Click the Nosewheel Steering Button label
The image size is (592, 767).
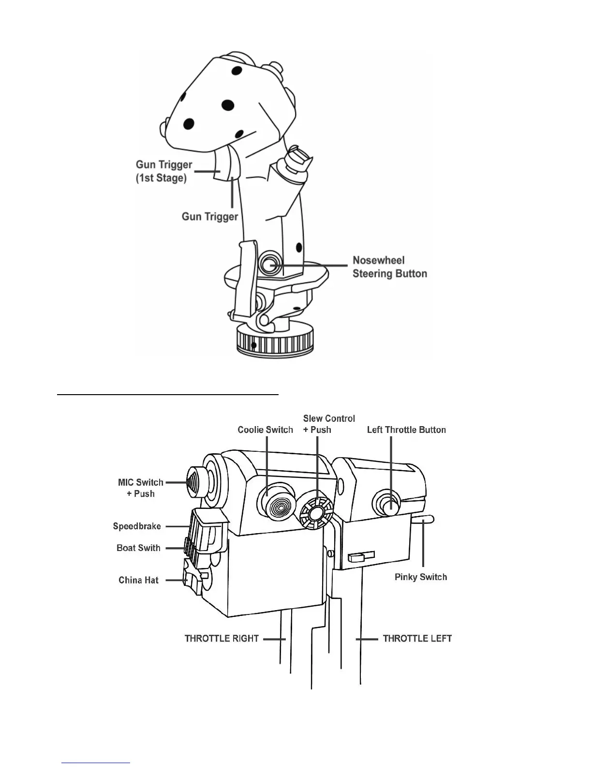(389, 267)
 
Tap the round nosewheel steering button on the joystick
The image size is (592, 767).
(268, 264)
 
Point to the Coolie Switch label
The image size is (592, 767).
(265, 430)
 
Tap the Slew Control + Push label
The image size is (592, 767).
(329, 424)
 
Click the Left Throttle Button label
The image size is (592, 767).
(406, 430)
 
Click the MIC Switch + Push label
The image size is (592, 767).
(141, 488)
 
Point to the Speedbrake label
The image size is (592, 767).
(137, 526)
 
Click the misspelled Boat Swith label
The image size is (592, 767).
(138, 548)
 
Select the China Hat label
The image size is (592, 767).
(138, 580)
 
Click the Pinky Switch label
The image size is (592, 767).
(420, 577)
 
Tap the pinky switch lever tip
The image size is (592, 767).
(429, 520)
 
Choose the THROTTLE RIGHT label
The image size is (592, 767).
(222, 639)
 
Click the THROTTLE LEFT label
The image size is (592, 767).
(417, 639)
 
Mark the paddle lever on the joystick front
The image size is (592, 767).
(244, 281)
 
